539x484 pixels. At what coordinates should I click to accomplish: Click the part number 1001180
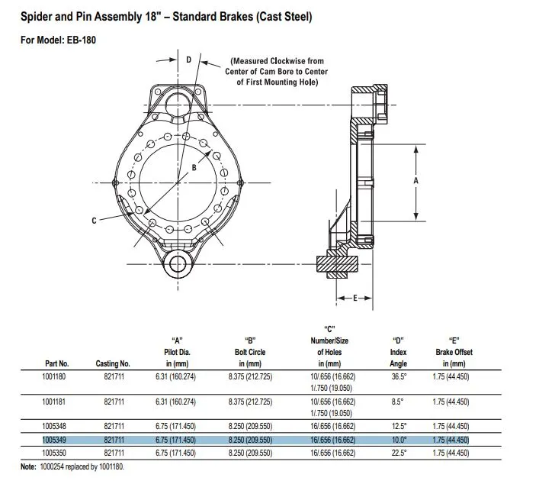click(x=53, y=376)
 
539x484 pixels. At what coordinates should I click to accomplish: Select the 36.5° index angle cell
click(x=399, y=376)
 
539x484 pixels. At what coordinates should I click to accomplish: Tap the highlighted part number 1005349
click(x=54, y=440)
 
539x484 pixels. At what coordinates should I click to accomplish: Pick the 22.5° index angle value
click(x=399, y=453)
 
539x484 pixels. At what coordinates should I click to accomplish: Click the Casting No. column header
click(x=113, y=363)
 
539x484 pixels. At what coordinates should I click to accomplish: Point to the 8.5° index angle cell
click(x=397, y=402)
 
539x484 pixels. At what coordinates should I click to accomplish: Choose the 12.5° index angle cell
click(x=399, y=426)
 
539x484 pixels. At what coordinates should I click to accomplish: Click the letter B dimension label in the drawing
click(x=194, y=168)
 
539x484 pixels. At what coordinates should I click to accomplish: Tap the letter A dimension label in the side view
click(x=416, y=180)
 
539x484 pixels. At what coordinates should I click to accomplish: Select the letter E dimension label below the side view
click(x=355, y=298)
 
